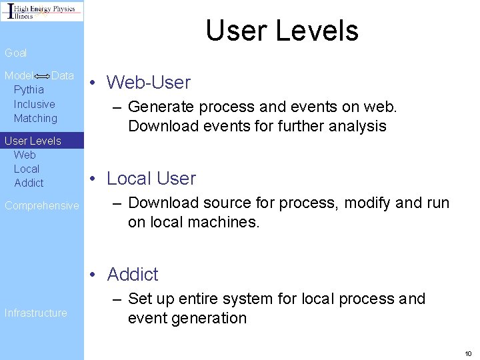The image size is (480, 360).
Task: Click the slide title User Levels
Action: tap(281, 31)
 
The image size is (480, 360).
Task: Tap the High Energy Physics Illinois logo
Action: tap(42, 11)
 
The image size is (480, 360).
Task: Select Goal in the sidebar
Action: tap(16, 53)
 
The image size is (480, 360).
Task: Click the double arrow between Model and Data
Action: tap(43, 77)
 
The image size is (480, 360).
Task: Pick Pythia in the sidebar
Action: tap(29, 89)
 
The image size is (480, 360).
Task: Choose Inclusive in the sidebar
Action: tap(34, 104)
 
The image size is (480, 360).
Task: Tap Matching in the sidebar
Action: tap(35, 118)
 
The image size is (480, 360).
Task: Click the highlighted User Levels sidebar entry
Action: tap(33, 141)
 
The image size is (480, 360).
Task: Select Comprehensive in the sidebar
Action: tap(41, 205)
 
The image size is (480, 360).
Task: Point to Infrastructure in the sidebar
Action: tap(36, 313)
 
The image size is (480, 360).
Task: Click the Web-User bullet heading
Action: tap(149, 83)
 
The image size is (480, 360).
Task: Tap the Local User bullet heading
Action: tap(151, 179)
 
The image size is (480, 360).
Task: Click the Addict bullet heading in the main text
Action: tap(133, 274)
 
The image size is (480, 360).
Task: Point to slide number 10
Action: tap(468, 353)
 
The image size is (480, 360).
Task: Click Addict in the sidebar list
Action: tap(29, 183)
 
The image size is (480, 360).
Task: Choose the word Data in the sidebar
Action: tap(63, 75)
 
